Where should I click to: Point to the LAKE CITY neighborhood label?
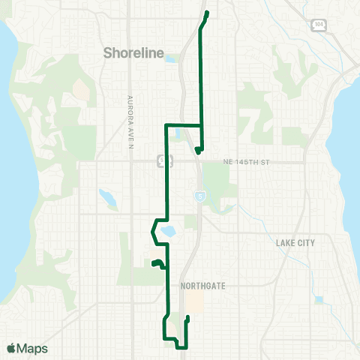coord(295,243)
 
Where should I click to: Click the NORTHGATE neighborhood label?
coord(202,286)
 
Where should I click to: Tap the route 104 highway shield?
coord(319,25)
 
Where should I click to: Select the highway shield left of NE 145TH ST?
coord(161,160)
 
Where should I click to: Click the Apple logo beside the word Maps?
coord(11,349)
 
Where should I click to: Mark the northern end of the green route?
coord(206,13)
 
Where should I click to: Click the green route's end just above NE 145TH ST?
coord(196,151)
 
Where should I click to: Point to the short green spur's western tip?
coord(153,264)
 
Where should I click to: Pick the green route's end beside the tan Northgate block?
coord(187,318)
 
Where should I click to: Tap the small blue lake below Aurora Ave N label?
coord(106,198)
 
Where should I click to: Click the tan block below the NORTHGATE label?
coord(196,303)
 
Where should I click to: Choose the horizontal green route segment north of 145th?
coord(183,124)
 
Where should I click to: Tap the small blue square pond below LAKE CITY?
coord(318,299)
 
